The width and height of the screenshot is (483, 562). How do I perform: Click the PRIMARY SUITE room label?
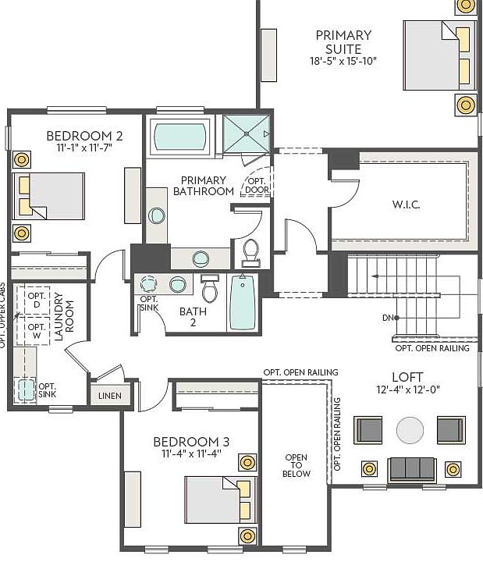pyautogui.click(x=343, y=41)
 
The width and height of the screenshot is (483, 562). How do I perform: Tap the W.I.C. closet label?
pyautogui.click(x=406, y=205)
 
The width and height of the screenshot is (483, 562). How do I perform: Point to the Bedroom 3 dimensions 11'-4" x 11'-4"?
pyautogui.click(x=191, y=453)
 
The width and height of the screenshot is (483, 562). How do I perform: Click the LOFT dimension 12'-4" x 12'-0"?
pyautogui.click(x=407, y=389)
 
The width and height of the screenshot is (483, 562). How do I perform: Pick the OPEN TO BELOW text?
pyautogui.click(x=297, y=466)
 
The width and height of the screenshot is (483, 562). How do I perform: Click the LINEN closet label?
pyautogui.click(x=109, y=396)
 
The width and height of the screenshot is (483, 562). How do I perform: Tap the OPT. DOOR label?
pyautogui.click(x=257, y=184)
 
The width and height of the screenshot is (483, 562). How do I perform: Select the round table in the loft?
pyautogui.click(x=410, y=429)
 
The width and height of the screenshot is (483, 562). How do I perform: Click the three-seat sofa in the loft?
pyautogui.click(x=411, y=468)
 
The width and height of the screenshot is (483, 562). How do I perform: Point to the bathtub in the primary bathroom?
pyautogui.click(x=180, y=137)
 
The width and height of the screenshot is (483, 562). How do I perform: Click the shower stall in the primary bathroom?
pyautogui.click(x=246, y=134)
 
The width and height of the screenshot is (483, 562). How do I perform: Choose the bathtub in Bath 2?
pyautogui.click(x=242, y=303)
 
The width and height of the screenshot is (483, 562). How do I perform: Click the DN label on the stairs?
pyautogui.click(x=389, y=318)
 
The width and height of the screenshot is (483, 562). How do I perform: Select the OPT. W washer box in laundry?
pyautogui.click(x=36, y=332)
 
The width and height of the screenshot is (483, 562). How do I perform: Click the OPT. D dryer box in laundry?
pyautogui.click(x=36, y=301)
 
